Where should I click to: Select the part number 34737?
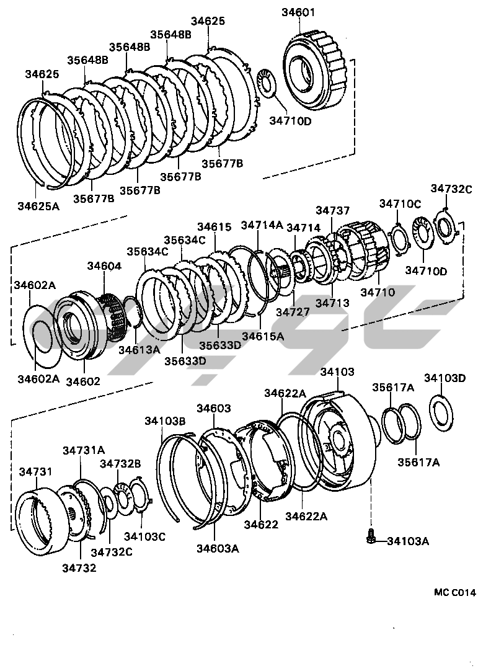333,211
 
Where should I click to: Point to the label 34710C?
400,203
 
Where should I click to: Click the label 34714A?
262,224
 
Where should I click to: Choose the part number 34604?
104,265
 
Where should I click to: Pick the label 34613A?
139,350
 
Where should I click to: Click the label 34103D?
445,378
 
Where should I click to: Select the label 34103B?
165,421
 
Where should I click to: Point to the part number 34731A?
83,450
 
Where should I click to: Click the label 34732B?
120,463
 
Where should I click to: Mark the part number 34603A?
218,548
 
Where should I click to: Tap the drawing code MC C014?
454,592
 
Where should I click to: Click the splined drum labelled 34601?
316,71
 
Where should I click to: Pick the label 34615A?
263,336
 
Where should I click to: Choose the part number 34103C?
144,536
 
